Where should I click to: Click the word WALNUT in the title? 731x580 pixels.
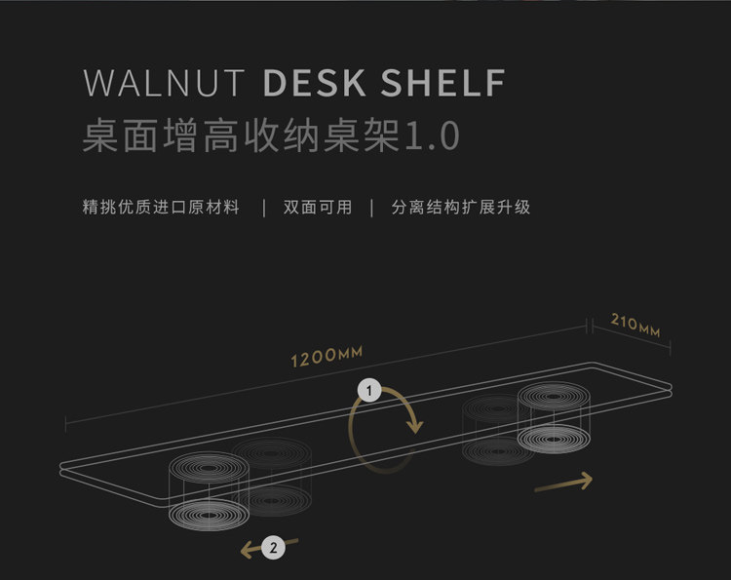[164, 83]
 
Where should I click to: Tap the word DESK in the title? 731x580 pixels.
[315, 83]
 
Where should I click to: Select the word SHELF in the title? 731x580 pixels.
[442, 83]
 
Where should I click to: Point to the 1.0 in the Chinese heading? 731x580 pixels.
[433, 135]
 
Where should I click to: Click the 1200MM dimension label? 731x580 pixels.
[327, 357]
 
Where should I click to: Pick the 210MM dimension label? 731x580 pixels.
[635, 325]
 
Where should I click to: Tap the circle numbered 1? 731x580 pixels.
[369, 391]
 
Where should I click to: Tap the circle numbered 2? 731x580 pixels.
[273, 548]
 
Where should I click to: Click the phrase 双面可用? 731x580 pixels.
[318, 207]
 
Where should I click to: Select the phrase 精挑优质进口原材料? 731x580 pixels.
[161, 207]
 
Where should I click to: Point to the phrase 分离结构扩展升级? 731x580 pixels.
[461, 207]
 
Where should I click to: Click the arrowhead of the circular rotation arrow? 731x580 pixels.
[414, 426]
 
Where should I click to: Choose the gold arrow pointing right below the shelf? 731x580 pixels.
[563, 483]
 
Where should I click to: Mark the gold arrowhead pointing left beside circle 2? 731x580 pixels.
[248, 550]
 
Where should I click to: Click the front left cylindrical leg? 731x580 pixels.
[209, 491]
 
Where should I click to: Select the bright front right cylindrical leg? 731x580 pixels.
[554, 418]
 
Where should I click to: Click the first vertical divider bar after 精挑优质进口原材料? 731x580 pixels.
[264, 208]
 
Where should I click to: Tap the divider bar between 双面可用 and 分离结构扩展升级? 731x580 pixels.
[371, 208]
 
